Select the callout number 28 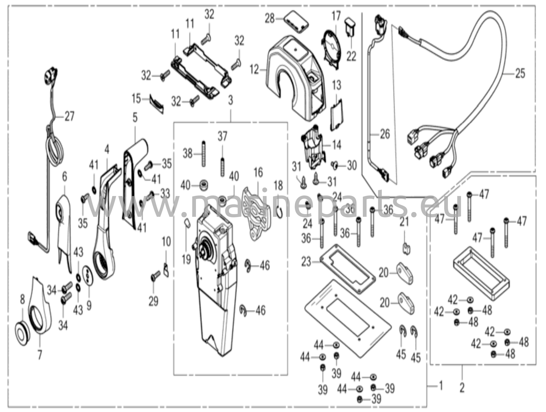[x=270, y=19]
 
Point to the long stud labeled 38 [x=204, y=154]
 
